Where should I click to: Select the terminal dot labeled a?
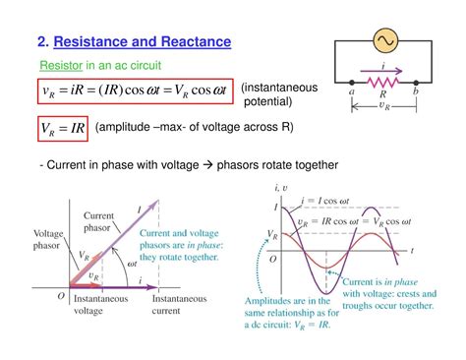[x=352, y=86]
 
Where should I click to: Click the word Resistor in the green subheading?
[x=60, y=65]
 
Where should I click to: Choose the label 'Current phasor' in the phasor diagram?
[x=100, y=221]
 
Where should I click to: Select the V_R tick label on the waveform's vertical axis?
[x=273, y=235]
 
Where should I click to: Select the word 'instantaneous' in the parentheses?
[x=279, y=88]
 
